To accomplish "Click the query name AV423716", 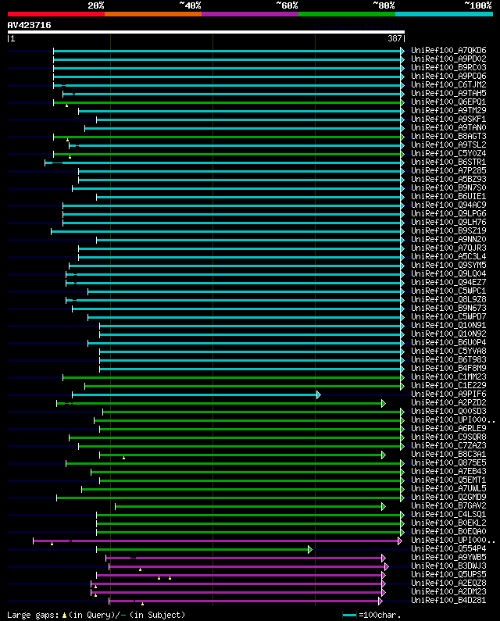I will click(30, 25).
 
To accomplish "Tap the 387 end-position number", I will click(395, 38).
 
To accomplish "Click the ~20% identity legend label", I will click(96, 5).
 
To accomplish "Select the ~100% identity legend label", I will click(477, 5).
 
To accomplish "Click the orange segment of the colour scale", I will click(152, 13).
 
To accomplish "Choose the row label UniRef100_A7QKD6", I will click(448, 50).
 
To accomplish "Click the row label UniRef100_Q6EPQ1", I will click(448, 102).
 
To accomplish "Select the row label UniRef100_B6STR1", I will click(448, 162).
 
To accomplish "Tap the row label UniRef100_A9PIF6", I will click(448, 394).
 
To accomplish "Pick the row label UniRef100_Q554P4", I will click(448, 548).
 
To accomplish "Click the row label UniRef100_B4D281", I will click(448, 600).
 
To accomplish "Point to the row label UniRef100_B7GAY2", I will click(448, 505).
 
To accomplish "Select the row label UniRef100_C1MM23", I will click(448, 377).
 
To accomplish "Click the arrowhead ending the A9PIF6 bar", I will click(319, 394).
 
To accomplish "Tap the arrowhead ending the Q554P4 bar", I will click(309, 549).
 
